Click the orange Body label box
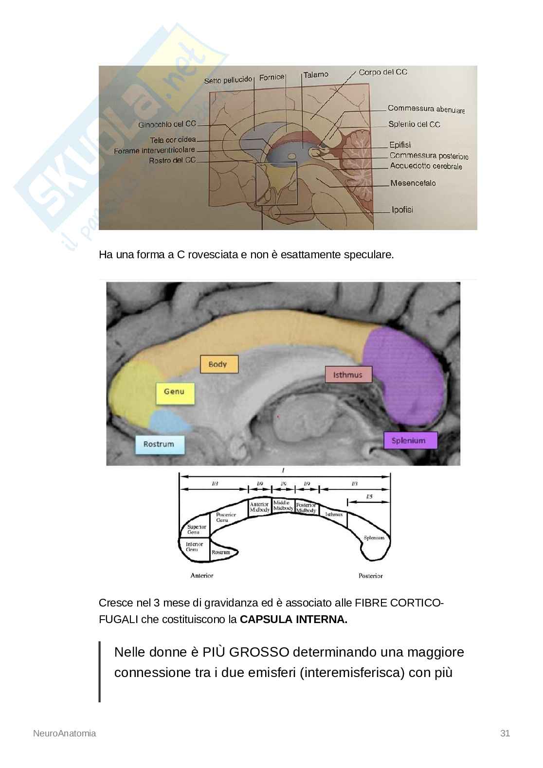tap(219, 364)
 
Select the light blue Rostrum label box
tap(159, 444)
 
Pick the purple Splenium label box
tap(410, 441)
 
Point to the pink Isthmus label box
tap(348, 375)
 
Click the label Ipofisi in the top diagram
tap(402, 210)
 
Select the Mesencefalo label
tap(413, 183)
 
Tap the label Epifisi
tap(400, 145)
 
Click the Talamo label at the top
tap(316, 75)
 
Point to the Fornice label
tap(271, 77)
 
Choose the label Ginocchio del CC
tap(167, 125)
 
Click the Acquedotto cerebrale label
tap(426, 166)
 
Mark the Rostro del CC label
tap(172, 160)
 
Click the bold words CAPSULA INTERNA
tap(293, 620)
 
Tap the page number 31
tap(505, 733)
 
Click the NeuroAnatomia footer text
tap(64, 733)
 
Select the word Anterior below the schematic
tap(202, 576)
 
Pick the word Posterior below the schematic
tap(371, 576)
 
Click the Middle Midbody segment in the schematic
tap(283, 505)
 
